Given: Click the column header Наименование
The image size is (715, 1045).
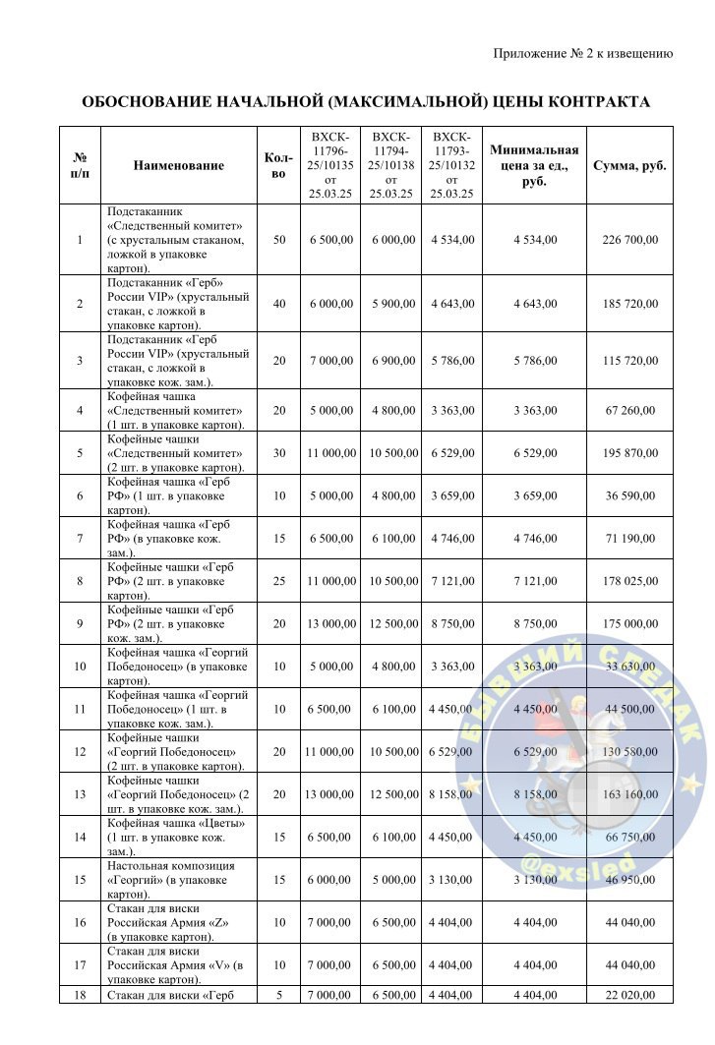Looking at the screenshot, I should point(178,165).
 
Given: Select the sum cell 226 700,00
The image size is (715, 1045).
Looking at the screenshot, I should point(630,239).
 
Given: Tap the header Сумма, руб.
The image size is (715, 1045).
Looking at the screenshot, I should point(630,165).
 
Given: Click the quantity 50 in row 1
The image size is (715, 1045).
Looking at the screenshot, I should point(279,239).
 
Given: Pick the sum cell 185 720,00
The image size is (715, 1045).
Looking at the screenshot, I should point(630,304).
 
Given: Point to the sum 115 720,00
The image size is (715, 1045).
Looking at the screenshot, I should point(630,361).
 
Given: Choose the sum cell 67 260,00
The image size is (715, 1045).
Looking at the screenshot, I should point(630,410).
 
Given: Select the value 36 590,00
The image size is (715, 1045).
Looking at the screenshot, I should point(630,495).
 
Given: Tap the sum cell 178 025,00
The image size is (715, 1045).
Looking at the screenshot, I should point(630,581).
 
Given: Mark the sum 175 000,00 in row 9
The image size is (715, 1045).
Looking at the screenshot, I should point(630,623).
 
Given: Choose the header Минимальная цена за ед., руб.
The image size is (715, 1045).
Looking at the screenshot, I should point(534,165).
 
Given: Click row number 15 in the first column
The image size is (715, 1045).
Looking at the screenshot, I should point(79,880).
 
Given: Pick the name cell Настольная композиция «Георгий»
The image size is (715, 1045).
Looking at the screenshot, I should point(177,880).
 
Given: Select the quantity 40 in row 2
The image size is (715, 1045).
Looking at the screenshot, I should point(279,304).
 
